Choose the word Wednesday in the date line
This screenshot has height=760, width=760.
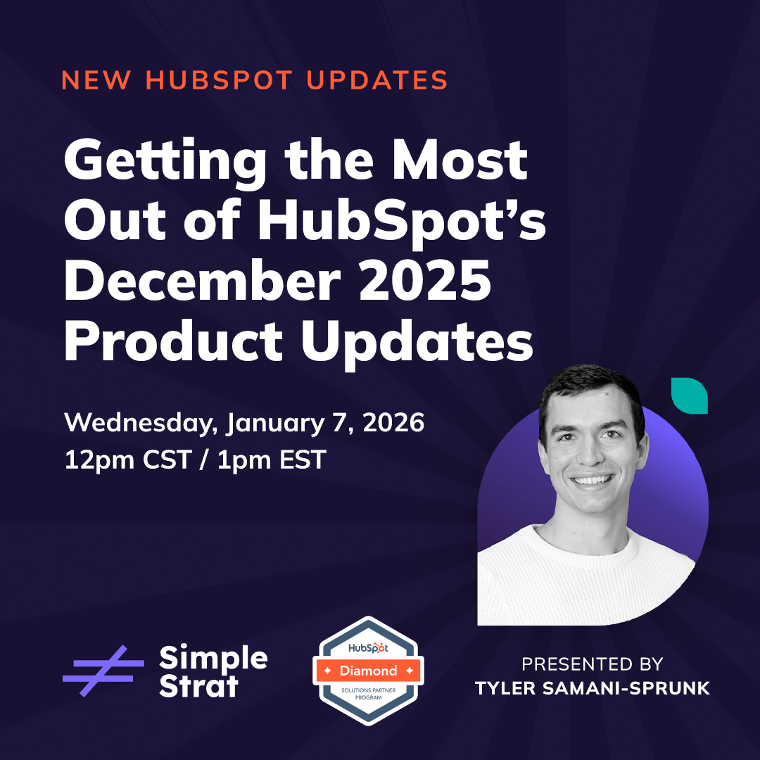point(141,424)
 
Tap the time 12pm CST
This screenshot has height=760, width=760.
point(127,460)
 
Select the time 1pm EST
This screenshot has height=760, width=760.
point(272,460)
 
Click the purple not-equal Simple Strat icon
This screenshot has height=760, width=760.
point(103,671)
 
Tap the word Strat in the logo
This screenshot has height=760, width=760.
point(199,686)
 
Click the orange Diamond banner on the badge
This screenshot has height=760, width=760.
point(368,671)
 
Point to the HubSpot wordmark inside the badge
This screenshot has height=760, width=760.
point(368,647)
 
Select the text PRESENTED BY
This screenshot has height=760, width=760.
point(592,664)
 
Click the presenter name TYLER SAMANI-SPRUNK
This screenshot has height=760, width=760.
point(592,688)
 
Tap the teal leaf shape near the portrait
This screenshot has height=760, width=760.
point(689,395)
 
